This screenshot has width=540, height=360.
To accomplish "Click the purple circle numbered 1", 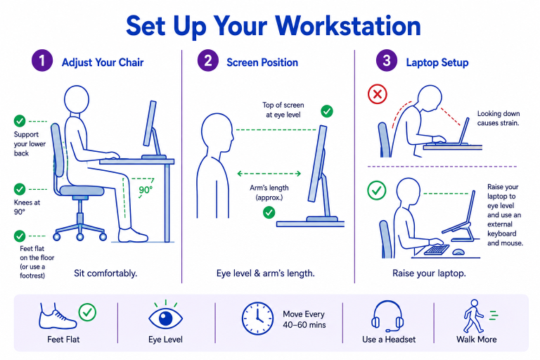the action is pyautogui.click(x=42, y=60).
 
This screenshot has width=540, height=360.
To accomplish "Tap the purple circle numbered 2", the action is pyautogui.click(x=207, y=60).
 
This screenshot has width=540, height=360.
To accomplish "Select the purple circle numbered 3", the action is pyautogui.click(x=387, y=60).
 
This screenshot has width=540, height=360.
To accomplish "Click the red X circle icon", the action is pyautogui.click(x=378, y=94).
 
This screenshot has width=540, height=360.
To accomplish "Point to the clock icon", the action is pyautogui.click(x=257, y=319).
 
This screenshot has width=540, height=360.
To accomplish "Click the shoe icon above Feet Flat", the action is pyautogui.click(x=57, y=317).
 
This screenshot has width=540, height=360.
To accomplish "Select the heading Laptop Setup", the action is pyautogui.click(x=437, y=63).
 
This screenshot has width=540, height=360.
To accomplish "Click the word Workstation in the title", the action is pyautogui.click(x=348, y=26).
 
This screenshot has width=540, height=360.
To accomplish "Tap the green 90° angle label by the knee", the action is pyautogui.click(x=146, y=190).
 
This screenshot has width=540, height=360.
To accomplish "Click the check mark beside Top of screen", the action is pyautogui.click(x=327, y=111).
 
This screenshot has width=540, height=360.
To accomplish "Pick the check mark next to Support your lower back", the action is pyautogui.click(x=20, y=121).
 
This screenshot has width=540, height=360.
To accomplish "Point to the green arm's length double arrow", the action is pyautogui.click(x=269, y=174).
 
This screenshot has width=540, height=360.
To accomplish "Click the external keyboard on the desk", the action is pyautogui.click(x=437, y=250).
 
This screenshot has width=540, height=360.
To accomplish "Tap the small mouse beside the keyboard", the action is pyautogui.click(x=458, y=252).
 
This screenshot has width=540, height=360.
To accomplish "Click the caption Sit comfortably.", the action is pyautogui.click(x=105, y=274).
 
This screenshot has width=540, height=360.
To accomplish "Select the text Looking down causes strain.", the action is pyautogui.click(x=499, y=118).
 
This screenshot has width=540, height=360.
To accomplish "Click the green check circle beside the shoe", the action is pyautogui.click(x=87, y=312).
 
